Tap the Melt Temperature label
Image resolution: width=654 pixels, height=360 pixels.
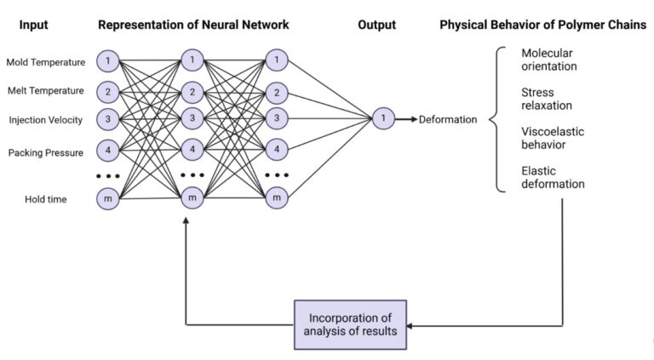(x=45, y=90)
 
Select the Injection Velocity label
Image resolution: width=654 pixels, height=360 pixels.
(x=45, y=120)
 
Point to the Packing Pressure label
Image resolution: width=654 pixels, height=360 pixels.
(x=45, y=153)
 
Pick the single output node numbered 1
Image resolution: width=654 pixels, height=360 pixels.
(x=383, y=119)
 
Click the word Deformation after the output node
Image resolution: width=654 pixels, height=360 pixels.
(x=448, y=120)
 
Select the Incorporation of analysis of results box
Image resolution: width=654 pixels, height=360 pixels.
(x=351, y=324)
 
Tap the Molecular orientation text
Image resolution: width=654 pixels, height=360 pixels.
(x=549, y=60)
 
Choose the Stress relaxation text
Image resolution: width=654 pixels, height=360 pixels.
(x=547, y=98)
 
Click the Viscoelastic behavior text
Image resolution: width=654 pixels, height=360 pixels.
(x=550, y=138)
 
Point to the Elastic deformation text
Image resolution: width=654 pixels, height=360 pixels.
(x=553, y=177)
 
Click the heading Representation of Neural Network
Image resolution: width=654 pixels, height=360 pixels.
(x=193, y=25)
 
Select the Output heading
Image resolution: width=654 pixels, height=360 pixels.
(x=377, y=25)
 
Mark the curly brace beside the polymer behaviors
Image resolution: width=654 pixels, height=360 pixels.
(x=496, y=120)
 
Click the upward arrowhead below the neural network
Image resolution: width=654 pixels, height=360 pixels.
(x=186, y=220)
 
